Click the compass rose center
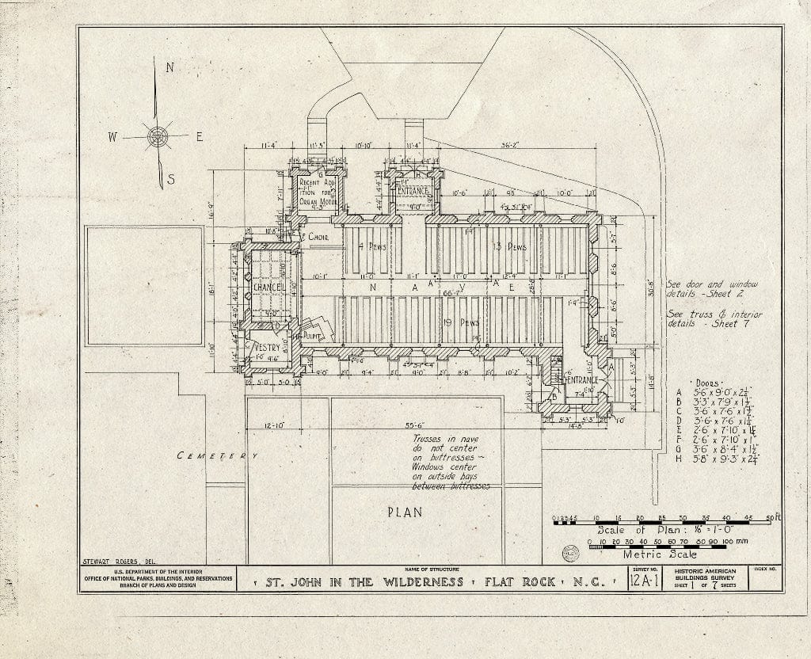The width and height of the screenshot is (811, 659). (158, 136)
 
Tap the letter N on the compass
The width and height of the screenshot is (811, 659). (169, 68)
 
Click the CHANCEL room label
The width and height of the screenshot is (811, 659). (268, 286)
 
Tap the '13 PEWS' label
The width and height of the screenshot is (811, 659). (508, 247)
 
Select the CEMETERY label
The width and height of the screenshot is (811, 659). (217, 455)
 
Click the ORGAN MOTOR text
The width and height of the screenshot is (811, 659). (318, 202)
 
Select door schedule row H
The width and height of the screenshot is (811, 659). (709, 458)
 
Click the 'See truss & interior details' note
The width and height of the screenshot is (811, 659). (714, 319)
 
